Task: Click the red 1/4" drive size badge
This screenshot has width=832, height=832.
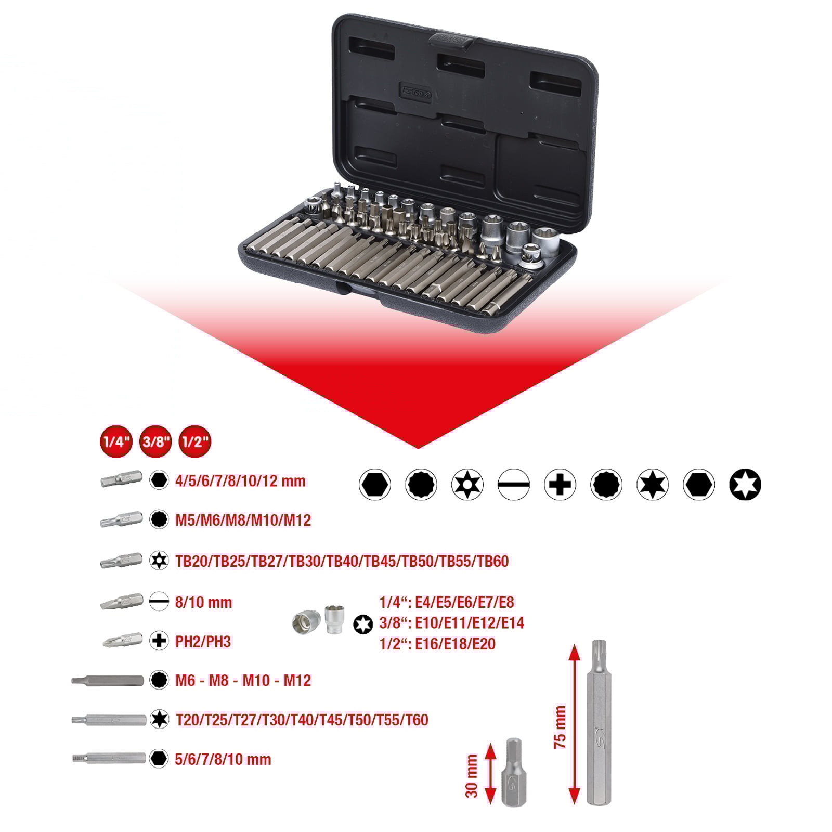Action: (x=116, y=441)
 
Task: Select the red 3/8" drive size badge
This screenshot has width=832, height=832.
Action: (x=155, y=441)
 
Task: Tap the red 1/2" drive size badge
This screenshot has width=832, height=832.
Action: (x=195, y=441)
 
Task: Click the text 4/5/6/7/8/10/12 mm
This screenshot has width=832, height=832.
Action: (x=240, y=480)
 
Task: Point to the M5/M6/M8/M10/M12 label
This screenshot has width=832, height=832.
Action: (x=243, y=520)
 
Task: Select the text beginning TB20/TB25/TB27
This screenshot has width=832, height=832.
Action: (x=342, y=561)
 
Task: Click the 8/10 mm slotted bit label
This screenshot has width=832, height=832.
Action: (x=203, y=602)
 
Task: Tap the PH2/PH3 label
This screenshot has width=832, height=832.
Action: (x=203, y=641)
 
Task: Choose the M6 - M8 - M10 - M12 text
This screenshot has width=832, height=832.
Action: (x=243, y=680)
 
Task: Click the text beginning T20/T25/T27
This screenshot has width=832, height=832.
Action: (x=302, y=720)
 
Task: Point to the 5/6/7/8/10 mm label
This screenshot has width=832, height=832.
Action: (x=223, y=759)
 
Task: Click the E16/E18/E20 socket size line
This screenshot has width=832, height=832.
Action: (x=437, y=644)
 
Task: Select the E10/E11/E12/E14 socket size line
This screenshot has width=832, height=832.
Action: (x=451, y=622)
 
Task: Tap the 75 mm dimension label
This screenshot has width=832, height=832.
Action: (x=560, y=727)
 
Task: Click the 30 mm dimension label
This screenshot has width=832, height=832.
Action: (x=471, y=776)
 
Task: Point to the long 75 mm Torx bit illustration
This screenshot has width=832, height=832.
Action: (x=599, y=723)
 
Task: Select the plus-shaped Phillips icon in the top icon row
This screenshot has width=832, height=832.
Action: (x=560, y=485)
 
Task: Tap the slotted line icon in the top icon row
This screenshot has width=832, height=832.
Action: (x=513, y=485)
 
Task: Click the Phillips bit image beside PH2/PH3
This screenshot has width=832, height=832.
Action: (x=123, y=641)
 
